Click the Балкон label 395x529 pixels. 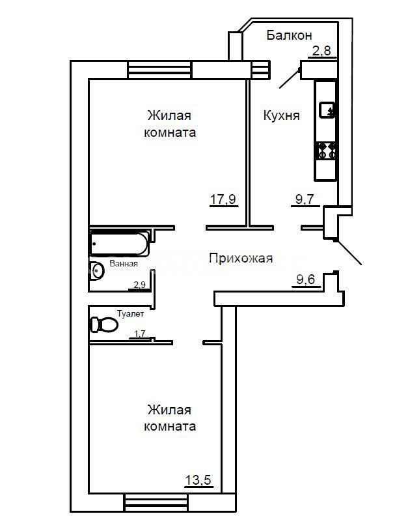click(x=289, y=35)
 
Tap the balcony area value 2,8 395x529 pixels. click(x=321, y=51)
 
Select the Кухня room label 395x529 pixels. click(x=281, y=116)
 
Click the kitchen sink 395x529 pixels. click(x=327, y=109)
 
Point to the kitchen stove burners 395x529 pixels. click(x=325, y=150)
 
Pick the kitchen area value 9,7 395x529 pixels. click(x=305, y=199)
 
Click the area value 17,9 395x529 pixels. click(x=223, y=199)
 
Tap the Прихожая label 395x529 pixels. click(x=241, y=259)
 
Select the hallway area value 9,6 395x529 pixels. click(x=306, y=279)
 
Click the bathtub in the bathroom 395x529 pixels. click(x=119, y=243)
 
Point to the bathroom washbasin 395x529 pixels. click(x=97, y=270)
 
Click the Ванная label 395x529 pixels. click(x=124, y=263)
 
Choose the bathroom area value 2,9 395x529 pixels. click(x=139, y=285)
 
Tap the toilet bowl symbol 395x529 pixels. click(x=103, y=324)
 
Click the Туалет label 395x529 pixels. click(x=130, y=314)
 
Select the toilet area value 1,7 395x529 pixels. click(x=139, y=334)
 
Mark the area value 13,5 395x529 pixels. click(x=198, y=479)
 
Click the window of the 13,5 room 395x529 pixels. click(x=156, y=503)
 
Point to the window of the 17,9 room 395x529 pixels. click(x=160, y=70)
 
